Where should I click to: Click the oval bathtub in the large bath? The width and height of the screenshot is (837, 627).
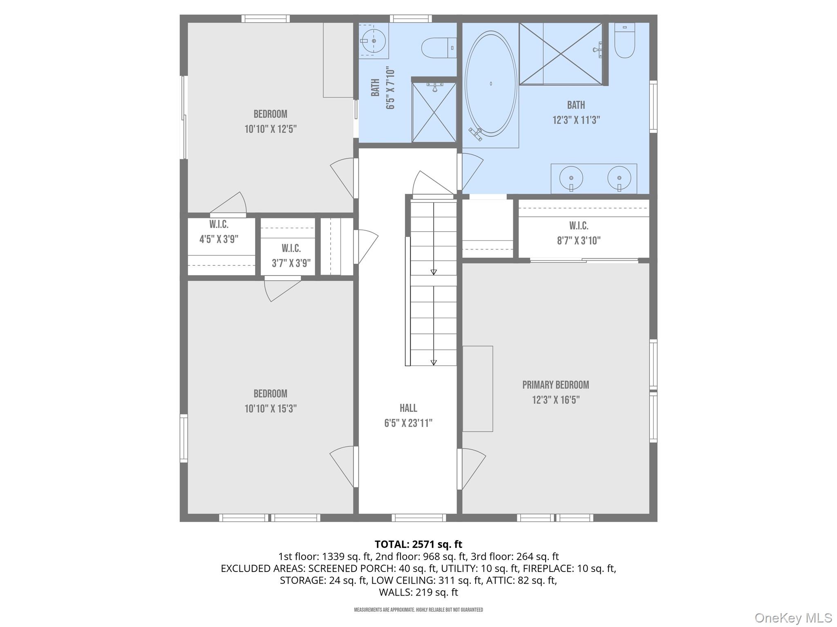pyautogui.click(x=490, y=84)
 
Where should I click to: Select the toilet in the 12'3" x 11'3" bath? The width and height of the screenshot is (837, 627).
pyautogui.click(x=624, y=41)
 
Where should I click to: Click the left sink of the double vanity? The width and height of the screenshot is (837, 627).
pyautogui.click(x=571, y=178)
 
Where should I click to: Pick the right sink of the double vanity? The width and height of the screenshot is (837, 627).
pyautogui.click(x=619, y=178)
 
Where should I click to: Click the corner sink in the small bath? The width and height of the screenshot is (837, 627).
pyautogui.click(x=374, y=41)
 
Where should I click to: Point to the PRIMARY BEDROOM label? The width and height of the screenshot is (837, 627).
pyautogui.click(x=555, y=385)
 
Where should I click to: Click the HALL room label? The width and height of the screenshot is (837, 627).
pyautogui.click(x=408, y=408)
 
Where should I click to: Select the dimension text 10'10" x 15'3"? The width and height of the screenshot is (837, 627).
pyautogui.click(x=271, y=409)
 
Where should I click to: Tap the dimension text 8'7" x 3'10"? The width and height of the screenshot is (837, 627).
pyautogui.click(x=579, y=241)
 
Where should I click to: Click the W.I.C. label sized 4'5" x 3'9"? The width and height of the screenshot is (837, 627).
pyautogui.click(x=219, y=225)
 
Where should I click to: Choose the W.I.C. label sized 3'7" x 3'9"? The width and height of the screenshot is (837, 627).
pyautogui.click(x=291, y=249)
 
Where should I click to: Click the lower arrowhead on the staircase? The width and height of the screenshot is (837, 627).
pyautogui.click(x=434, y=362)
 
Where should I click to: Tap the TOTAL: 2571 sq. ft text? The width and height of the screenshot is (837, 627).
pyautogui.click(x=418, y=544)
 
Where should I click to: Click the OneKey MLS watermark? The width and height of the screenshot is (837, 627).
pyautogui.click(x=793, y=618)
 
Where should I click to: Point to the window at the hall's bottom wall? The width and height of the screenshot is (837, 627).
pyautogui.click(x=418, y=518)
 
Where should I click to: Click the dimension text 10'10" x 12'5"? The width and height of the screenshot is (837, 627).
pyautogui.click(x=271, y=129)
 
